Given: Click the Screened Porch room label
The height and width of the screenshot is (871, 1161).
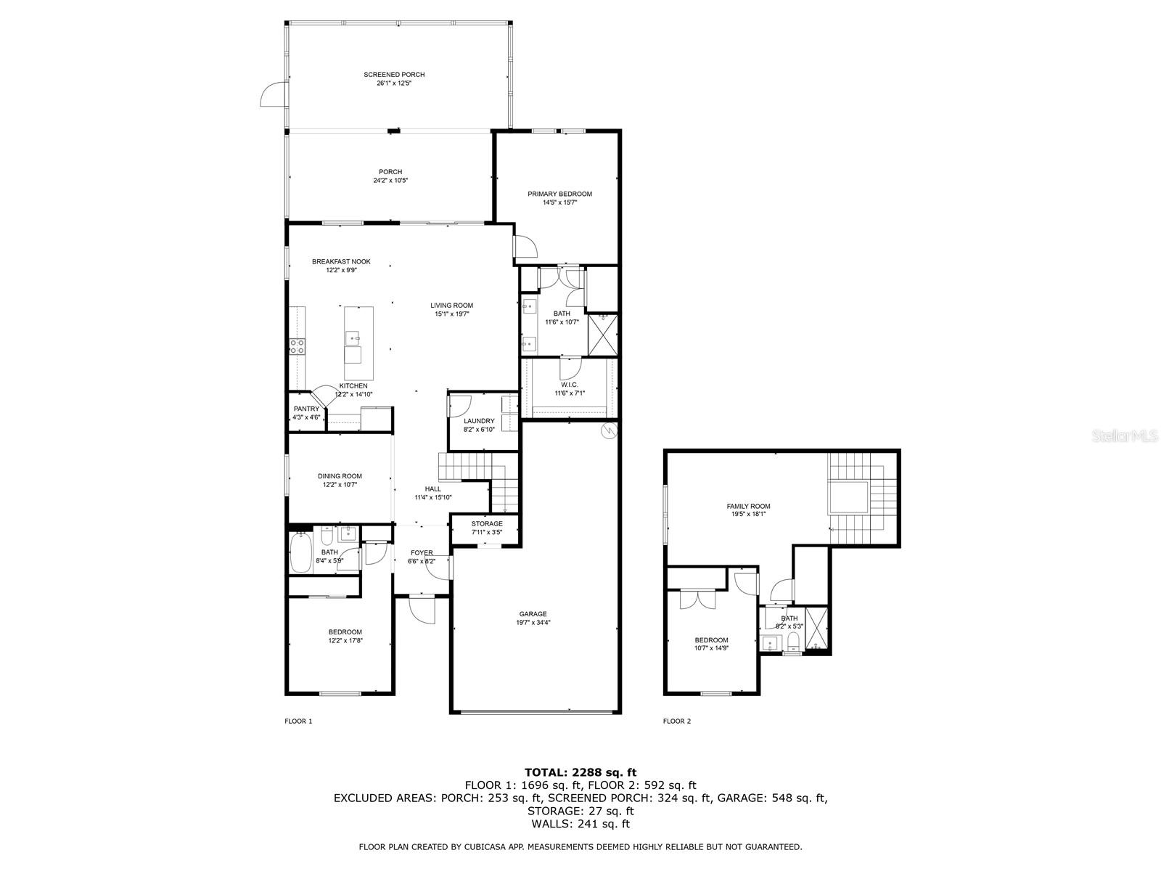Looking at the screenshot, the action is (x=394, y=75).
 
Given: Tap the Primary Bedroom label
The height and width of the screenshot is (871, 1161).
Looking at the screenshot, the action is (x=559, y=194).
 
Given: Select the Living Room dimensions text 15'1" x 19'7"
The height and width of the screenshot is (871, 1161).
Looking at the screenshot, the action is (x=452, y=314).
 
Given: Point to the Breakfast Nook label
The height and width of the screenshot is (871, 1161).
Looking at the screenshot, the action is (x=341, y=262).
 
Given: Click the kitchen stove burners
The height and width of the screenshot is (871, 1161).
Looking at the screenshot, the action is (x=297, y=346).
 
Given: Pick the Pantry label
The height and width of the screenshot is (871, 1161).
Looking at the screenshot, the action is (x=307, y=409).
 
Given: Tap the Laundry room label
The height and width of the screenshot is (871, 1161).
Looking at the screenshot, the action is (x=479, y=421).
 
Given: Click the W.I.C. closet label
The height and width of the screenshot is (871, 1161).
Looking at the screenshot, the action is (x=570, y=385).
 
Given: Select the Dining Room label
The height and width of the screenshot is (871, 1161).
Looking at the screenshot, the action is (x=340, y=476).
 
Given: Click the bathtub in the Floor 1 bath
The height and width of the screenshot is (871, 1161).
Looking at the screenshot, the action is (x=300, y=552).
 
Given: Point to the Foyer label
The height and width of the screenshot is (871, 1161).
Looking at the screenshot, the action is (x=422, y=553).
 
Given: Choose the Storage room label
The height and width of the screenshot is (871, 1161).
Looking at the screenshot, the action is (x=487, y=524).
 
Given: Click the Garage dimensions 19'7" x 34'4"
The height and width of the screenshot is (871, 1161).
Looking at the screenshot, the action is (x=533, y=623).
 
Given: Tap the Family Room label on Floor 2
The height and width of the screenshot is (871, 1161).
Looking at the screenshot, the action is (x=748, y=506).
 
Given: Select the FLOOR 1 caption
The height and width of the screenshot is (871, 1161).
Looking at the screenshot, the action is (x=298, y=721).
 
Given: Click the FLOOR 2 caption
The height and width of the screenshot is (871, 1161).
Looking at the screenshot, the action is (x=677, y=721).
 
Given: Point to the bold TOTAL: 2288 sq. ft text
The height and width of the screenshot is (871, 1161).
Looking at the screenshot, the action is (x=580, y=772).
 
